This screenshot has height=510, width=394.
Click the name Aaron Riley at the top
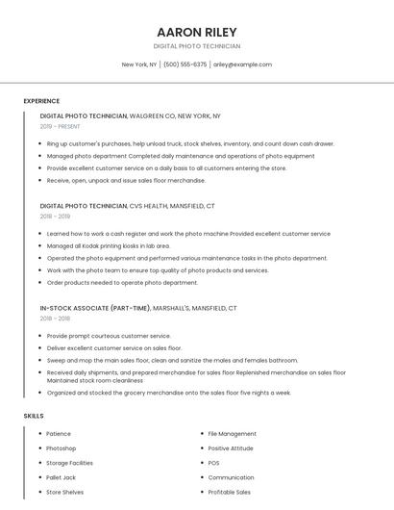(196, 32)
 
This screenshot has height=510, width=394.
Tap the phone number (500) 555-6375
(185, 64)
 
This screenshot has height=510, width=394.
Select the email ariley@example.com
(242, 64)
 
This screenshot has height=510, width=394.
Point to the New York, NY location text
(138, 64)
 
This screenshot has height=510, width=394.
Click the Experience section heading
(41, 101)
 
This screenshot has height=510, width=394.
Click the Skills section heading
(33, 416)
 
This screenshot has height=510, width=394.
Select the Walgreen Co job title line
(130, 115)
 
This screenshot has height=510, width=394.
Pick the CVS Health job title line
(127, 206)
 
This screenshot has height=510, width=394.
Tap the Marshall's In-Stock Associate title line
(138, 308)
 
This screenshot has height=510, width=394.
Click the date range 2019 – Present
(60, 126)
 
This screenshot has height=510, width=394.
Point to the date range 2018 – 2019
(56, 217)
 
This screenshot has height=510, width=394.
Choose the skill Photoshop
(61, 448)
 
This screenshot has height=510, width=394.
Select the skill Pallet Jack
(61, 477)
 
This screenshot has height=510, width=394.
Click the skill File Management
(232, 434)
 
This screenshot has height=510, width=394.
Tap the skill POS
(213, 463)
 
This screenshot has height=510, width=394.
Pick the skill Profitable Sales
(229, 492)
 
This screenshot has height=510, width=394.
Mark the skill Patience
(58, 434)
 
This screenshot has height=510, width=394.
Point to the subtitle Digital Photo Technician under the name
(196, 46)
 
